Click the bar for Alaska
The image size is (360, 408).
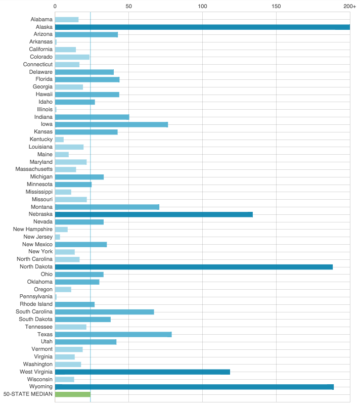[202, 27]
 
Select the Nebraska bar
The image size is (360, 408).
[154, 214]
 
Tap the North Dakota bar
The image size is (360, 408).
[194, 267]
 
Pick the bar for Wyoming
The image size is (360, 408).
[194, 387]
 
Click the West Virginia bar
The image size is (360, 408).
[142, 372]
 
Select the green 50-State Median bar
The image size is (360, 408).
[72, 394]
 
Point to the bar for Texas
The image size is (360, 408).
[113, 334]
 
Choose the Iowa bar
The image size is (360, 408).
[111, 124]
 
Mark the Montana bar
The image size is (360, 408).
[107, 207]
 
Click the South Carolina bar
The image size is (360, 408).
[104, 312]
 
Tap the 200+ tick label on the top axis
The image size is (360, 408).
[349, 6]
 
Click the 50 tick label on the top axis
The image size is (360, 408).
[128, 6]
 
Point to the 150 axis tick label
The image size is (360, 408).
[276, 6]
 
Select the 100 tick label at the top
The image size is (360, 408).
[202, 6]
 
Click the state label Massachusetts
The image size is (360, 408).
[34, 169]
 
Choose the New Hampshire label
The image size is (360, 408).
[33, 230]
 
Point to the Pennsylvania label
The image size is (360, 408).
[36, 297]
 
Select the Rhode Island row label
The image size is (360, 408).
[36, 304]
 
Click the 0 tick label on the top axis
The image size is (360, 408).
[55, 6]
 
